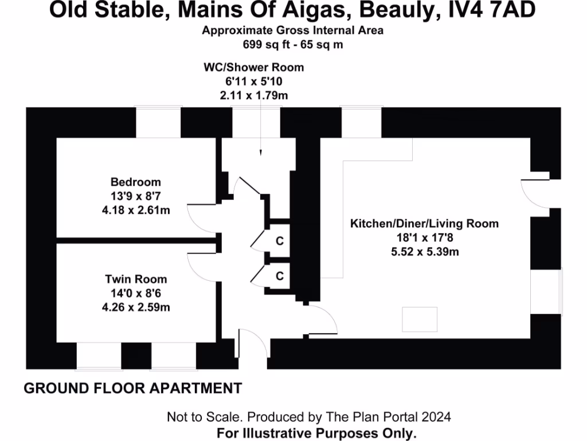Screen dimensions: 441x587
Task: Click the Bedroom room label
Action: click(x=136, y=183)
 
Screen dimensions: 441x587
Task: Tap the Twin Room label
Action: click(x=136, y=279)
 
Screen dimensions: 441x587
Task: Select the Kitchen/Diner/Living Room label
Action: click(x=424, y=223)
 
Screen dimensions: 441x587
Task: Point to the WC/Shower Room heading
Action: click(x=253, y=67)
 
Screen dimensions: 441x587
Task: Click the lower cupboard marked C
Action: click(x=279, y=276)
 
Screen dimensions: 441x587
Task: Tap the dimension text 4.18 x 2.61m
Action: click(x=136, y=210)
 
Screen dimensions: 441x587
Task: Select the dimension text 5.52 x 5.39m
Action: click(x=424, y=251)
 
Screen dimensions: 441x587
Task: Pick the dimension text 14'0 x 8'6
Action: click(x=136, y=293)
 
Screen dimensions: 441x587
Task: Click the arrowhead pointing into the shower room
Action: click(x=260, y=153)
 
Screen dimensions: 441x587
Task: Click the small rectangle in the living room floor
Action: click(x=420, y=317)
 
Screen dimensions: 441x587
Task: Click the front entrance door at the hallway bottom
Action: click(x=252, y=347)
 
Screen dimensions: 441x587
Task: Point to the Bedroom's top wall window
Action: click(x=158, y=122)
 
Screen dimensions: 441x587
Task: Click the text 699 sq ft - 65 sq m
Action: click(x=292, y=44)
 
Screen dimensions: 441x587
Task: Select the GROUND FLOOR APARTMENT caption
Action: click(x=132, y=389)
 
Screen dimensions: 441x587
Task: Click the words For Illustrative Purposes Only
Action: click(x=316, y=433)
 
